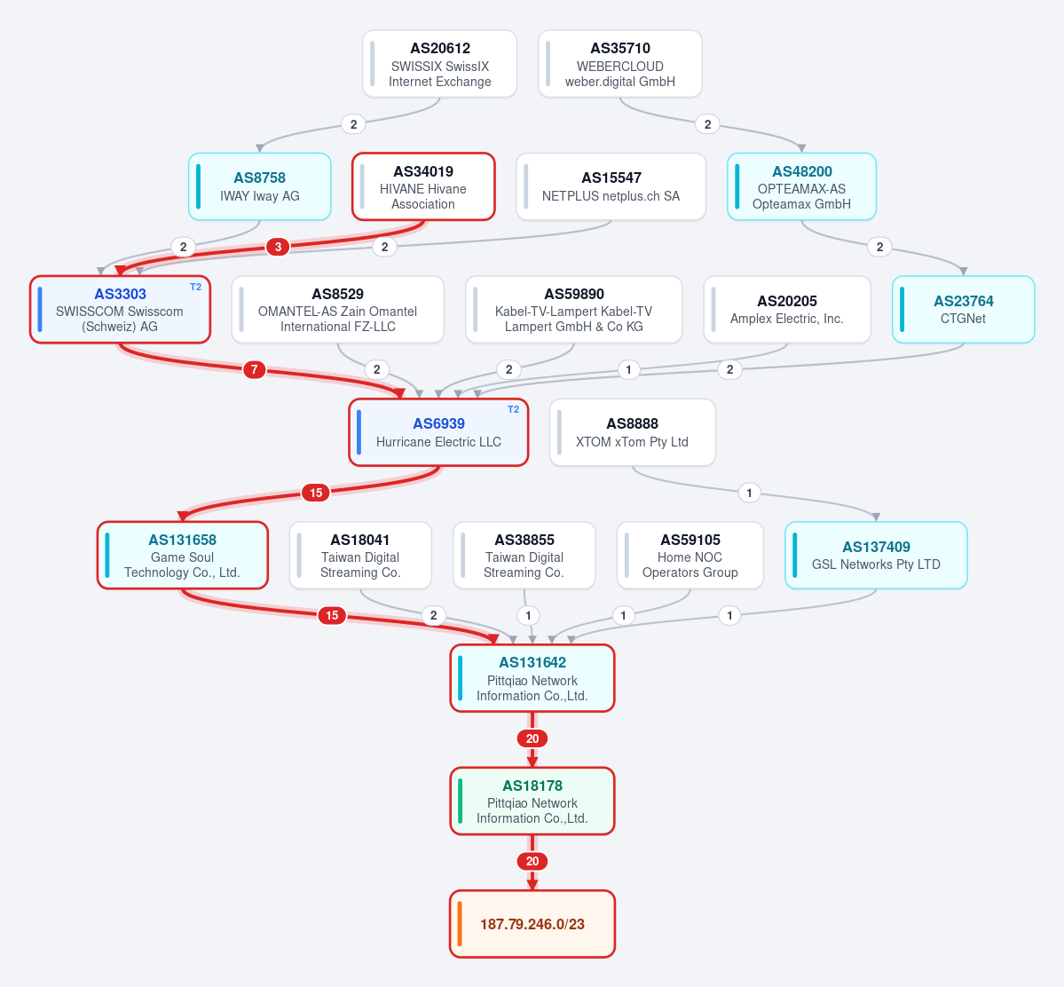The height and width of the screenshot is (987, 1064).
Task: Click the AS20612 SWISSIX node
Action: [x=440, y=64]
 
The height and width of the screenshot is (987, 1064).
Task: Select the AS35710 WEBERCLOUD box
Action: [x=620, y=64]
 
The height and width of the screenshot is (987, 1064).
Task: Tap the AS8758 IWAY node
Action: [x=260, y=186]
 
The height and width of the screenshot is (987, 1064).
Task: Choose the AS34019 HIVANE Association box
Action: [x=423, y=186]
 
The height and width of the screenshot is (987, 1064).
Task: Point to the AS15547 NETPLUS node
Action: [x=611, y=186]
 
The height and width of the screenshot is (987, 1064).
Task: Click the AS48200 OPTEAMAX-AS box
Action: [x=801, y=186]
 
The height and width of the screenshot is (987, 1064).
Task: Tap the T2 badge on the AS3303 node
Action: [x=195, y=288]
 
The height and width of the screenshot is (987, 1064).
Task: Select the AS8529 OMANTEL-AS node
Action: [x=338, y=310]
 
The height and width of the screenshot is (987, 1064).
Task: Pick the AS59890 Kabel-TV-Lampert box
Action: [x=574, y=310]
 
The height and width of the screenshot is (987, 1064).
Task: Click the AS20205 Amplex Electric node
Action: [x=787, y=310]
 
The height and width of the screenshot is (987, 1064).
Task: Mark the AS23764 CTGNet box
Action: [x=964, y=310]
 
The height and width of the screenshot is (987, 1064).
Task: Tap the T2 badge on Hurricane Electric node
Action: [x=513, y=409]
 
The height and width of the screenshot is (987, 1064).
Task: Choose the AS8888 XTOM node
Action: [x=633, y=432]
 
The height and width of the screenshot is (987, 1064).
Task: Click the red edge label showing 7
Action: [x=255, y=369]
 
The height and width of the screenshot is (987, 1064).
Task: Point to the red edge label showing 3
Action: [x=279, y=247]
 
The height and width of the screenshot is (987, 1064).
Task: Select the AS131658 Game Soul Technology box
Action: [x=183, y=556]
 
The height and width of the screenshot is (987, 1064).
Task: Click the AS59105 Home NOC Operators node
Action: [x=690, y=556]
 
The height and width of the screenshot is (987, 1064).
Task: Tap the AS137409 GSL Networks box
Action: [x=876, y=556]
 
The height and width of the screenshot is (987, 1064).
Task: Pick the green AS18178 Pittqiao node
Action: [x=532, y=801]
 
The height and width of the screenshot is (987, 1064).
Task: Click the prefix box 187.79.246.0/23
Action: [x=532, y=924]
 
